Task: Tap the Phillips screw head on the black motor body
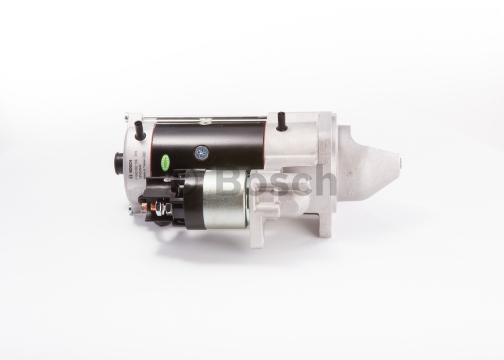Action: click(x=200, y=152)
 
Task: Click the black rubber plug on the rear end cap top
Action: click(x=139, y=134)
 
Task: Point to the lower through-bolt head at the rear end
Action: click(x=130, y=210)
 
